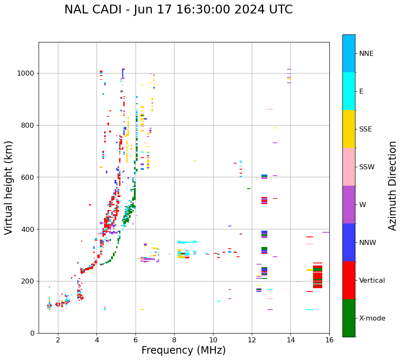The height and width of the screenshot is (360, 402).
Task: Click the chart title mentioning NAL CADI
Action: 178,10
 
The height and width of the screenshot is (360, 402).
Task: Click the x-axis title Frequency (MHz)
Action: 183,350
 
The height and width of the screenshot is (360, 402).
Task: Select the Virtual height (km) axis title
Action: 9,187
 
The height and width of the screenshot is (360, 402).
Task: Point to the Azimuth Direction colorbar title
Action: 392,185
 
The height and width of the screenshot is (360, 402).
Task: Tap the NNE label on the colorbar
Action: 366,53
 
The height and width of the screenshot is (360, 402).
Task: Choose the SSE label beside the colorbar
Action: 365,129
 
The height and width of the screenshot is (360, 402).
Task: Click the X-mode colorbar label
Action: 372,318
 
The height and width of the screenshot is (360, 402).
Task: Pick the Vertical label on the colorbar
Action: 372,281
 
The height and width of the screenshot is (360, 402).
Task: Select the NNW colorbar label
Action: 368,243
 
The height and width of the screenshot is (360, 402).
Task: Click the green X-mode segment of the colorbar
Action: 349,318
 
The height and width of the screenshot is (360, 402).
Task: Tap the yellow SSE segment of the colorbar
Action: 349,129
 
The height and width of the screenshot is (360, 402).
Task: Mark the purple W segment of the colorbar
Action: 349,205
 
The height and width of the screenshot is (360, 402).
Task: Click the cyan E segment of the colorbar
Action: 349,91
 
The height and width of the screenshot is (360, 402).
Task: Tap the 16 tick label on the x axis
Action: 329,339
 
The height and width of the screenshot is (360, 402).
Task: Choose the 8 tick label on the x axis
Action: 174,339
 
